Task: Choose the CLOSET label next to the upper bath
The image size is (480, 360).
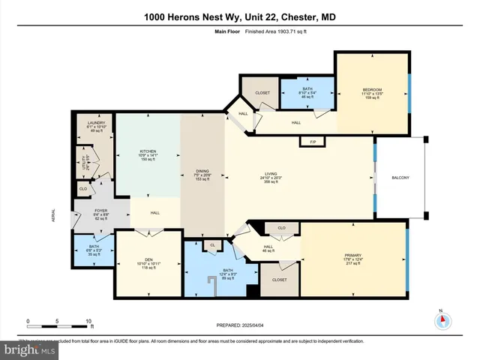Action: (x=262, y=94)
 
